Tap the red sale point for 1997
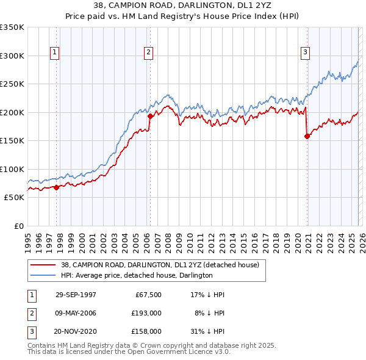coord(57,187)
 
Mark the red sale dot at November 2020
coord(307,136)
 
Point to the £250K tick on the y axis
coord(12,84)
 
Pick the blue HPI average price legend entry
coord(136,275)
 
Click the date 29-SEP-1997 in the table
coord(76,294)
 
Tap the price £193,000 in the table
coord(147,312)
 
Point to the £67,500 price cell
coord(148,294)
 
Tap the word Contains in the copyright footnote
coord(41,345)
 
